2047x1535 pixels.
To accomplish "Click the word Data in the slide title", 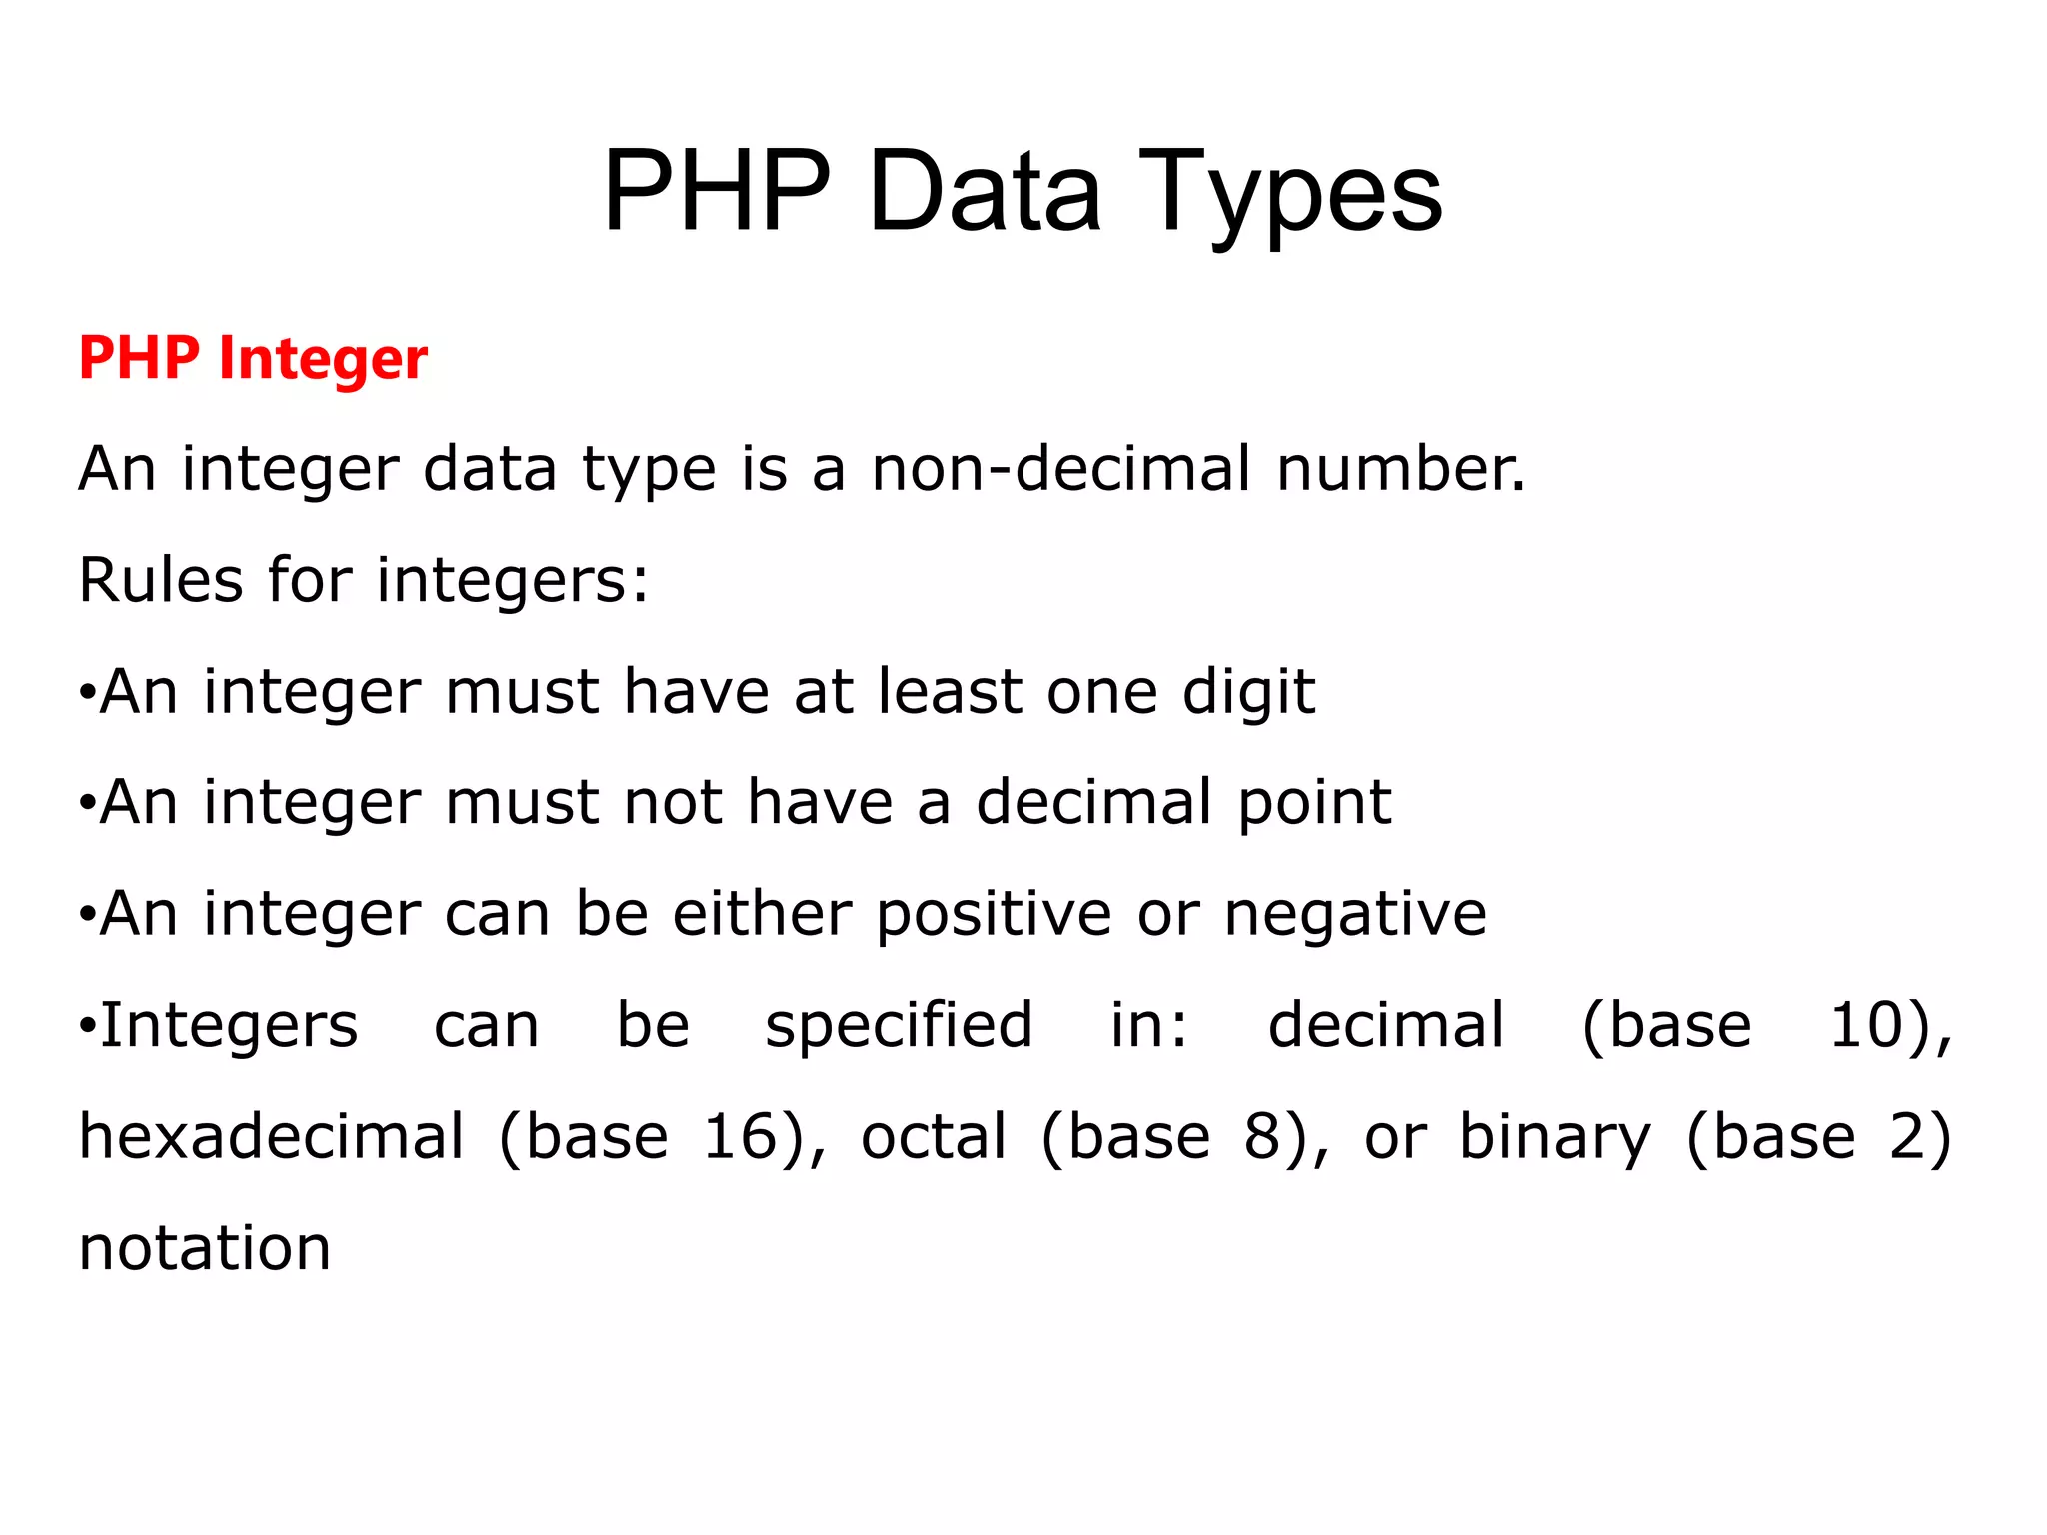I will [984, 192].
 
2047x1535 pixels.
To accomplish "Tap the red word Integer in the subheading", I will [323, 359].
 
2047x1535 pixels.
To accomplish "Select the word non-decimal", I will [1061, 469].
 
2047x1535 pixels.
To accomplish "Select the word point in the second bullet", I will [1314, 803].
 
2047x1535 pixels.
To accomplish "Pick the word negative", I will [1355, 915].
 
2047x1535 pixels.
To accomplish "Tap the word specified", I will [899, 1027].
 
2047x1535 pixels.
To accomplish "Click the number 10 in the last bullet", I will [1865, 1026].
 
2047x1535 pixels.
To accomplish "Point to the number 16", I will [740, 1137].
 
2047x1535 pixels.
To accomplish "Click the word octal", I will [934, 1137].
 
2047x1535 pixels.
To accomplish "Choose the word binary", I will [1555, 1139].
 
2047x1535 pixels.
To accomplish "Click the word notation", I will [205, 1249].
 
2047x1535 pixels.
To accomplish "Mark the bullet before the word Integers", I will [88, 1025].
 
